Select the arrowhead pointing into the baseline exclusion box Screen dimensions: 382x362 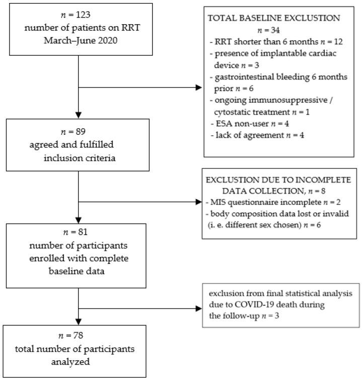198,88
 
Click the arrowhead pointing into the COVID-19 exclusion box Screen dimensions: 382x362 199,306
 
